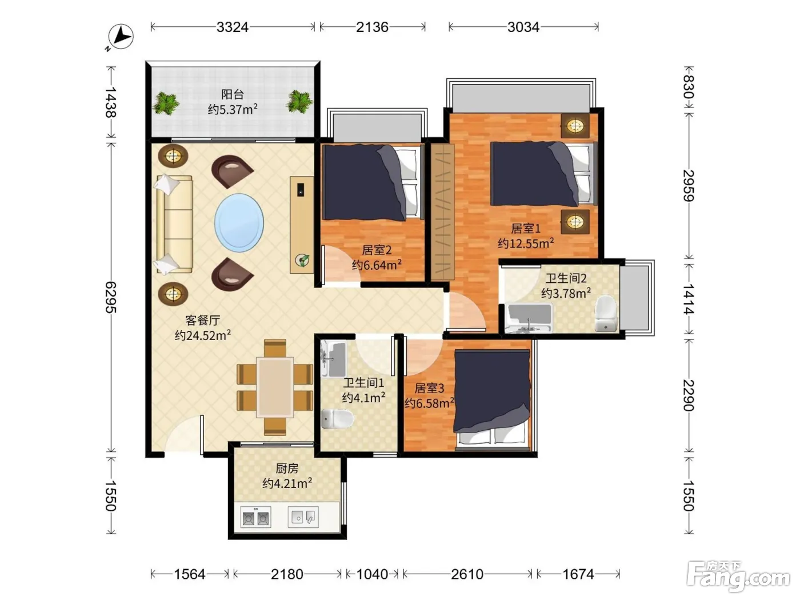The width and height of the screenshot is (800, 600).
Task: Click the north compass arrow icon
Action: coord(121,37)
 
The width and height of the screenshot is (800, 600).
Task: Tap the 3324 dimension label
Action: coord(232,27)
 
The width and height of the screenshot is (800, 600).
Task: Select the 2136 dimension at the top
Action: coord(372,27)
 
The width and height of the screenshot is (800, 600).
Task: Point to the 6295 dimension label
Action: coord(111,297)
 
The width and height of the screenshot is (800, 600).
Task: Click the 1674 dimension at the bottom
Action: coord(578,574)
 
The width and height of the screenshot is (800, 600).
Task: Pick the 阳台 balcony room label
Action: coord(233,94)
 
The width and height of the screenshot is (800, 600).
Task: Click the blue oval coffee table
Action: coord(239,223)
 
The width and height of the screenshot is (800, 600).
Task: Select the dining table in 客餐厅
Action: coord(275,387)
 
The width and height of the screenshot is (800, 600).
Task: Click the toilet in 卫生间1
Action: coord(338,419)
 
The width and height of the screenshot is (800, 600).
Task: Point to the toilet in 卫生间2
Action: coord(606,313)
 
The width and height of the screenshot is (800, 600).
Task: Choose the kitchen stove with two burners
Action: coord(255,517)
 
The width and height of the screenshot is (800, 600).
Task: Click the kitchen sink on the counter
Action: coord(303,517)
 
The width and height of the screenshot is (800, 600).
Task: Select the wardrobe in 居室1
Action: coord(442,212)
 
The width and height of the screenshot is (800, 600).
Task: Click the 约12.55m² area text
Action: coord(526,243)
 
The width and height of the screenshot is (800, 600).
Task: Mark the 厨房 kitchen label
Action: coord(287,468)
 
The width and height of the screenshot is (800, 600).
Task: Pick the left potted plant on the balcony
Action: coord(166,103)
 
